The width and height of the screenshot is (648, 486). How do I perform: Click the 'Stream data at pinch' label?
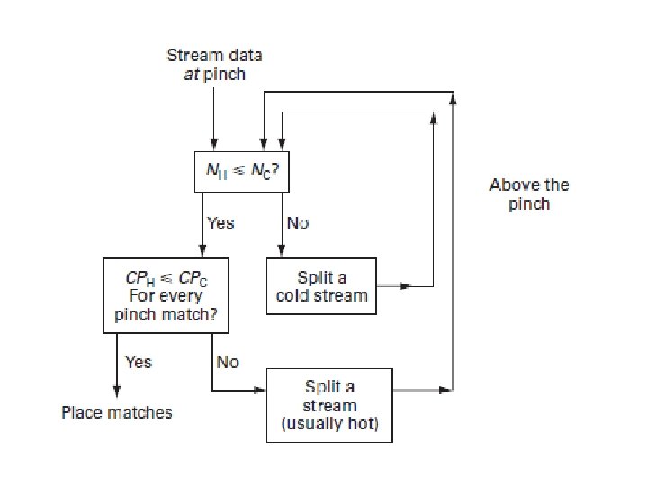pos(214,65)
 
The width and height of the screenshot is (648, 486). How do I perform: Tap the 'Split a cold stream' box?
pos(321,286)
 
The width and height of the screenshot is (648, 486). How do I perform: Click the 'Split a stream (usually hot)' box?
pos(329,405)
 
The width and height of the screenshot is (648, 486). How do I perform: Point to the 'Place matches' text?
pos(116,412)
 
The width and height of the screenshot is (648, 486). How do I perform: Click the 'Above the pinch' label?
pos(528,194)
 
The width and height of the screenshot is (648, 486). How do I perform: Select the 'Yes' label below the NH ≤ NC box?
pos(220,222)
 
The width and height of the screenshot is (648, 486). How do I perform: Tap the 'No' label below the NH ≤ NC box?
pos(297,222)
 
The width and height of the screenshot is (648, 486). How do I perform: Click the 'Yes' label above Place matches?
pos(138,362)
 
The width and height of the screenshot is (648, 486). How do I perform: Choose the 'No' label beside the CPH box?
pos(228,362)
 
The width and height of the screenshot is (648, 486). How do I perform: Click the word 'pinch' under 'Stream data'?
pos(224,75)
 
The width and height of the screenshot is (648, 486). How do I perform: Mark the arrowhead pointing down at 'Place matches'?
pos(115,389)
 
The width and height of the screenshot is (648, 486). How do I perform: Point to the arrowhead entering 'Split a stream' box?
pos(261,391)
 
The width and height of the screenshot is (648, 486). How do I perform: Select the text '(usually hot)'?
pos(329,424)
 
